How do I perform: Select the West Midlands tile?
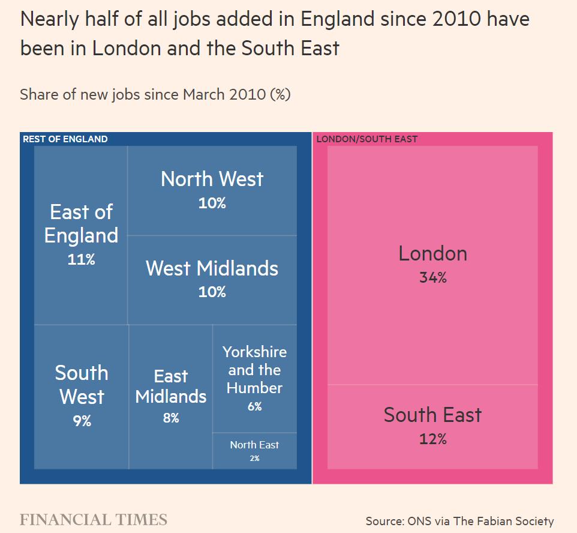212,279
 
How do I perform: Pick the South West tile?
82,396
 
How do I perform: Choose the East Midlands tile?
171,396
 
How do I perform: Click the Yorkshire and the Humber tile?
254,378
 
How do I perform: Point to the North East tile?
254,451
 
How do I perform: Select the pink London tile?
432,264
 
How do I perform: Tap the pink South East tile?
432,426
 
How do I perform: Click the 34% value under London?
432,278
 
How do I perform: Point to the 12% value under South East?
432,439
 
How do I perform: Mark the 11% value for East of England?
81,259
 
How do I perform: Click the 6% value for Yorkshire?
254,406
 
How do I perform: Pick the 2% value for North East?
254,459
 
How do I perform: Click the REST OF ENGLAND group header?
65,139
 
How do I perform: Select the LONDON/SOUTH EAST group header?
366,139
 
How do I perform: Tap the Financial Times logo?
94,520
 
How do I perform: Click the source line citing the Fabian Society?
459,521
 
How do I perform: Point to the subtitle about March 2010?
155,94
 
